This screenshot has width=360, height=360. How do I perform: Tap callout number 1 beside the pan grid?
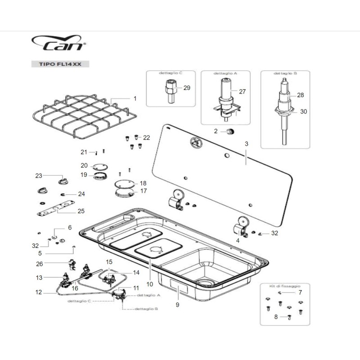(135, 98)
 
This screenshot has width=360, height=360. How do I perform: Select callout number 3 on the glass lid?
(246, 144)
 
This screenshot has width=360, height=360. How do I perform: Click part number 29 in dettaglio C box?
(187, 88)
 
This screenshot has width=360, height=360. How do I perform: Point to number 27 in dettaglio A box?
(242, 91)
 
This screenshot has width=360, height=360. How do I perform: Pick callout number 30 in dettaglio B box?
(303, 112)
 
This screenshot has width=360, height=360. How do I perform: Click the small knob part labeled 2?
(230, 131)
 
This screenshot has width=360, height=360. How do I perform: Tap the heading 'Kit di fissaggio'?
(287, 286)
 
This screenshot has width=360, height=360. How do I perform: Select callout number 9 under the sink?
(177, 305)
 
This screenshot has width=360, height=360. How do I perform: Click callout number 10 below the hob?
(150, 284)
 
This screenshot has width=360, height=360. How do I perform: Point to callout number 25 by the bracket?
(81, 211)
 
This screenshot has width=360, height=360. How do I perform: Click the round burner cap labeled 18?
(125, 184)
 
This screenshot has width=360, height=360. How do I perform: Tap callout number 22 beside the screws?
(146, 137)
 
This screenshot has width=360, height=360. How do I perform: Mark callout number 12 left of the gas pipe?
(39, 292)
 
